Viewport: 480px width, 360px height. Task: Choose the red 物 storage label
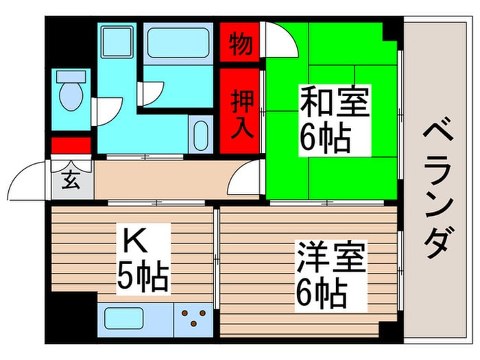tap(239, 43)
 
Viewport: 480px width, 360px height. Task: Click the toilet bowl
tap(70, 95)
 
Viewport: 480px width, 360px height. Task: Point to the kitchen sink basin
tap(124, 320)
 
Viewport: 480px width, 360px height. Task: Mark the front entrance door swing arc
tap(27, 180)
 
